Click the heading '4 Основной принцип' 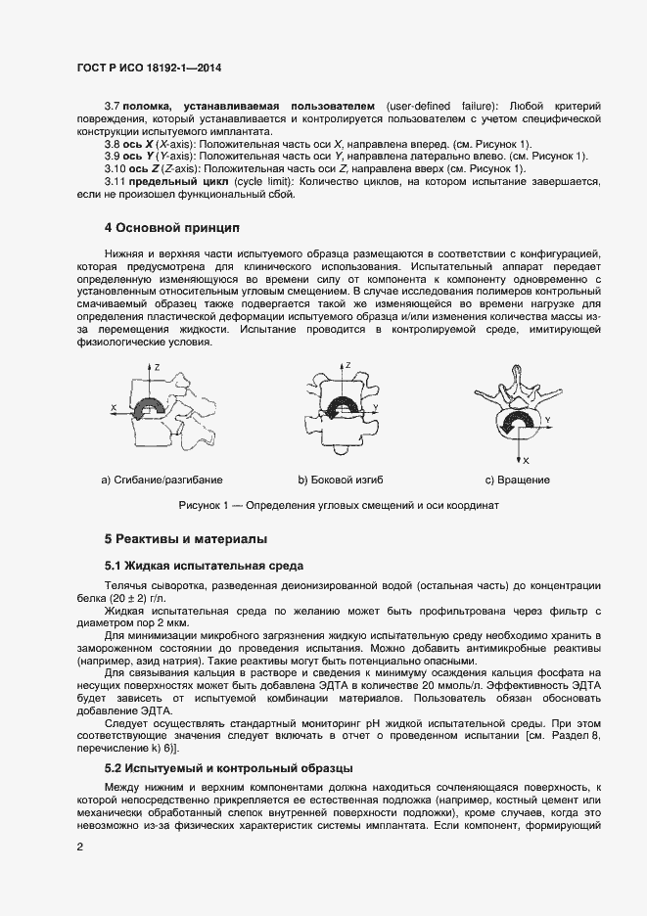coord(171,228)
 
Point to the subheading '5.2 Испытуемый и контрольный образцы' coord(228,767)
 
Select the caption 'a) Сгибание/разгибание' coord(162,480)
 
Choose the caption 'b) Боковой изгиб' coord(340,480)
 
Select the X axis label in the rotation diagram coord(526,459)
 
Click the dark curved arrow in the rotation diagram coord(517,425)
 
